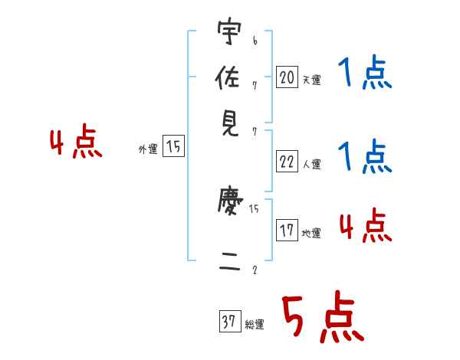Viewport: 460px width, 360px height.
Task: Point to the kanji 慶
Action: coord(229,204)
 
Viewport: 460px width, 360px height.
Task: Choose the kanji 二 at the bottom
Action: coord(229,264)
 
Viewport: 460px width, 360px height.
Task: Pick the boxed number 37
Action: coord(229,322)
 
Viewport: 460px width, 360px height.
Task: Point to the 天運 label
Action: coord(311,79)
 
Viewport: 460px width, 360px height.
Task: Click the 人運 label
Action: coord(311,164)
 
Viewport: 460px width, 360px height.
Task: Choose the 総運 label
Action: coord(255,325)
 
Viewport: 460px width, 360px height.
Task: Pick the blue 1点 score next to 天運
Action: coord(364,75)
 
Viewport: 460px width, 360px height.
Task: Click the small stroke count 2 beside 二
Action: coord(255,270)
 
